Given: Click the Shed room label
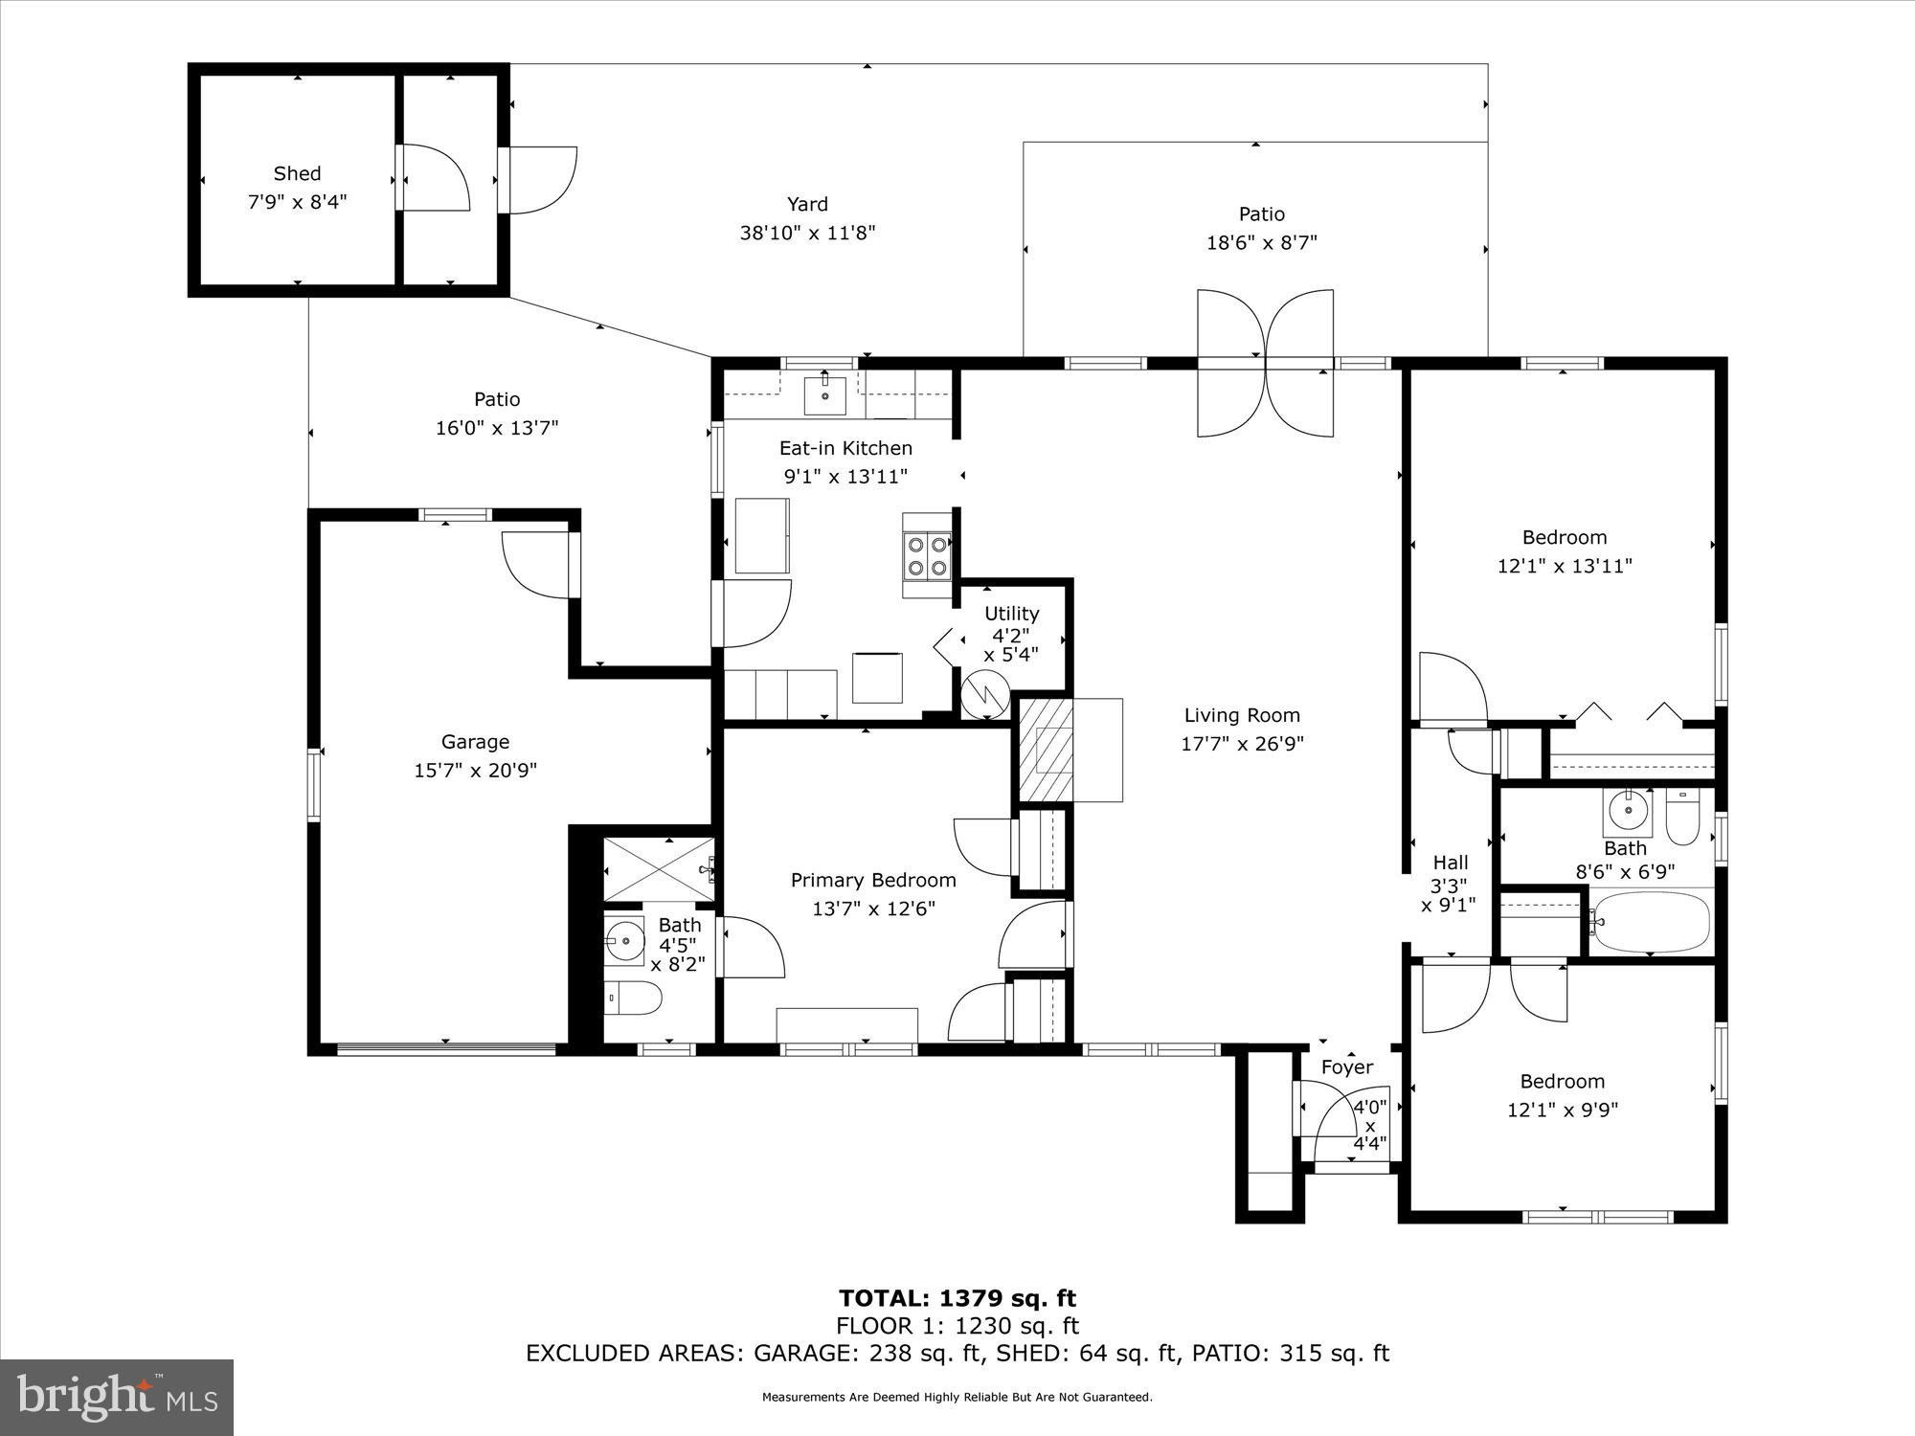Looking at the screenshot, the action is coord(297,173).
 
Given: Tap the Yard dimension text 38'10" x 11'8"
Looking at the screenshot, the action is coord(807,233).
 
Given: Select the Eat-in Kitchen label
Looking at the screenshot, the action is coord(845,448).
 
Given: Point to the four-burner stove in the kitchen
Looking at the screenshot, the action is coord(927,556).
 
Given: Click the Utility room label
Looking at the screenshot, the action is coord(1012,614).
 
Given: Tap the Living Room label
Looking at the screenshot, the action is coord(1242,715).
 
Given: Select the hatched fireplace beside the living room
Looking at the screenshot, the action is coord(1045,750).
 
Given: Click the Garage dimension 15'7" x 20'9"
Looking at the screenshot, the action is coord(475,771).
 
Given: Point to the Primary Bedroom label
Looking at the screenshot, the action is coord(873,881).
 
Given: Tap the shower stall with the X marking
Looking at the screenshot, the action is coord(659,868).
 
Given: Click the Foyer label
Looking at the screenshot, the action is coord(1347,1067).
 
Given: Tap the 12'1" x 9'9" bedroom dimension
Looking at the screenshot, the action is coord(1564,1111).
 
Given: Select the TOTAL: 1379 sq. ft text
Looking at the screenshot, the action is coord(957,1298).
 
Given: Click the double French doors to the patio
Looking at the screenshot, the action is coord(1265,364).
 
